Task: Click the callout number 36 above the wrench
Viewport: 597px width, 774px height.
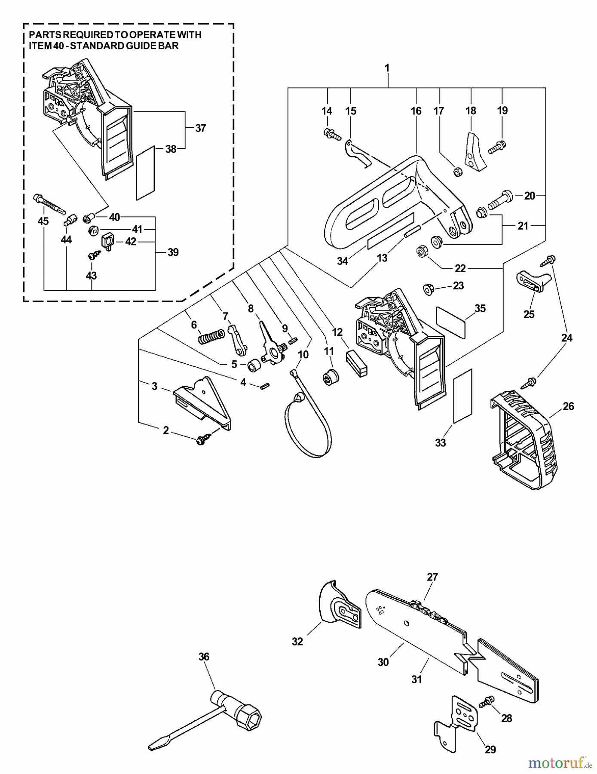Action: point(204,657)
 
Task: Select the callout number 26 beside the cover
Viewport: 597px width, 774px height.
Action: point(568,406)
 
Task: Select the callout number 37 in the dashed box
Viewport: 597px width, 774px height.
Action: point(200,128)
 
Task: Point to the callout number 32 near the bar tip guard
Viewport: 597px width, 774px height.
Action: point(297,642)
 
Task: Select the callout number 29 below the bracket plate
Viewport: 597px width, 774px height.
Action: point(490,749)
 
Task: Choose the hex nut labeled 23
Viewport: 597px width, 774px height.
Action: point(428,289)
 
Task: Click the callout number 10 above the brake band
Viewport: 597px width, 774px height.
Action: point(303,355)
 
